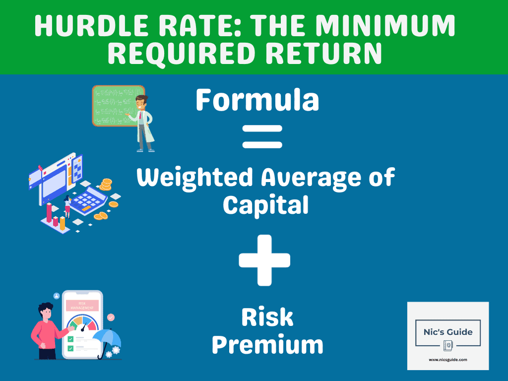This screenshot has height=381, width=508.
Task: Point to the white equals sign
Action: click(x=262, y=136)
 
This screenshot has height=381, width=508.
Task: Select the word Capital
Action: click(x=265, y=204)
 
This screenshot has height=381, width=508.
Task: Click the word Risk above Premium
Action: click(x=267, y=318)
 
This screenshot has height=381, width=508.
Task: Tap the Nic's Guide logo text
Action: click(x=448, y=332)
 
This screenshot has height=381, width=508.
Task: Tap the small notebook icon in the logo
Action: click(x=448, y=346)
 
